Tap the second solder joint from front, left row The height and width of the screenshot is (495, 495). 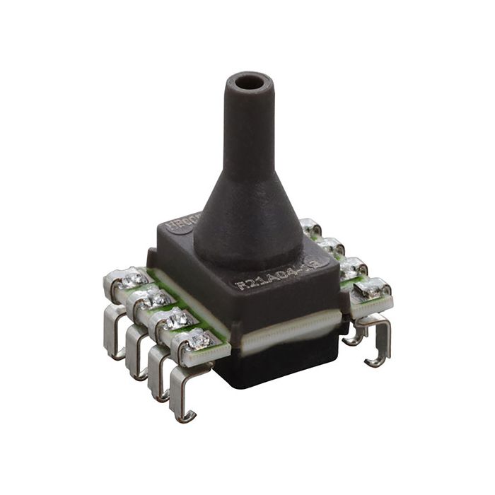[174, 320]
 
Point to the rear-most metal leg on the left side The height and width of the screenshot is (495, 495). [113, 332]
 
